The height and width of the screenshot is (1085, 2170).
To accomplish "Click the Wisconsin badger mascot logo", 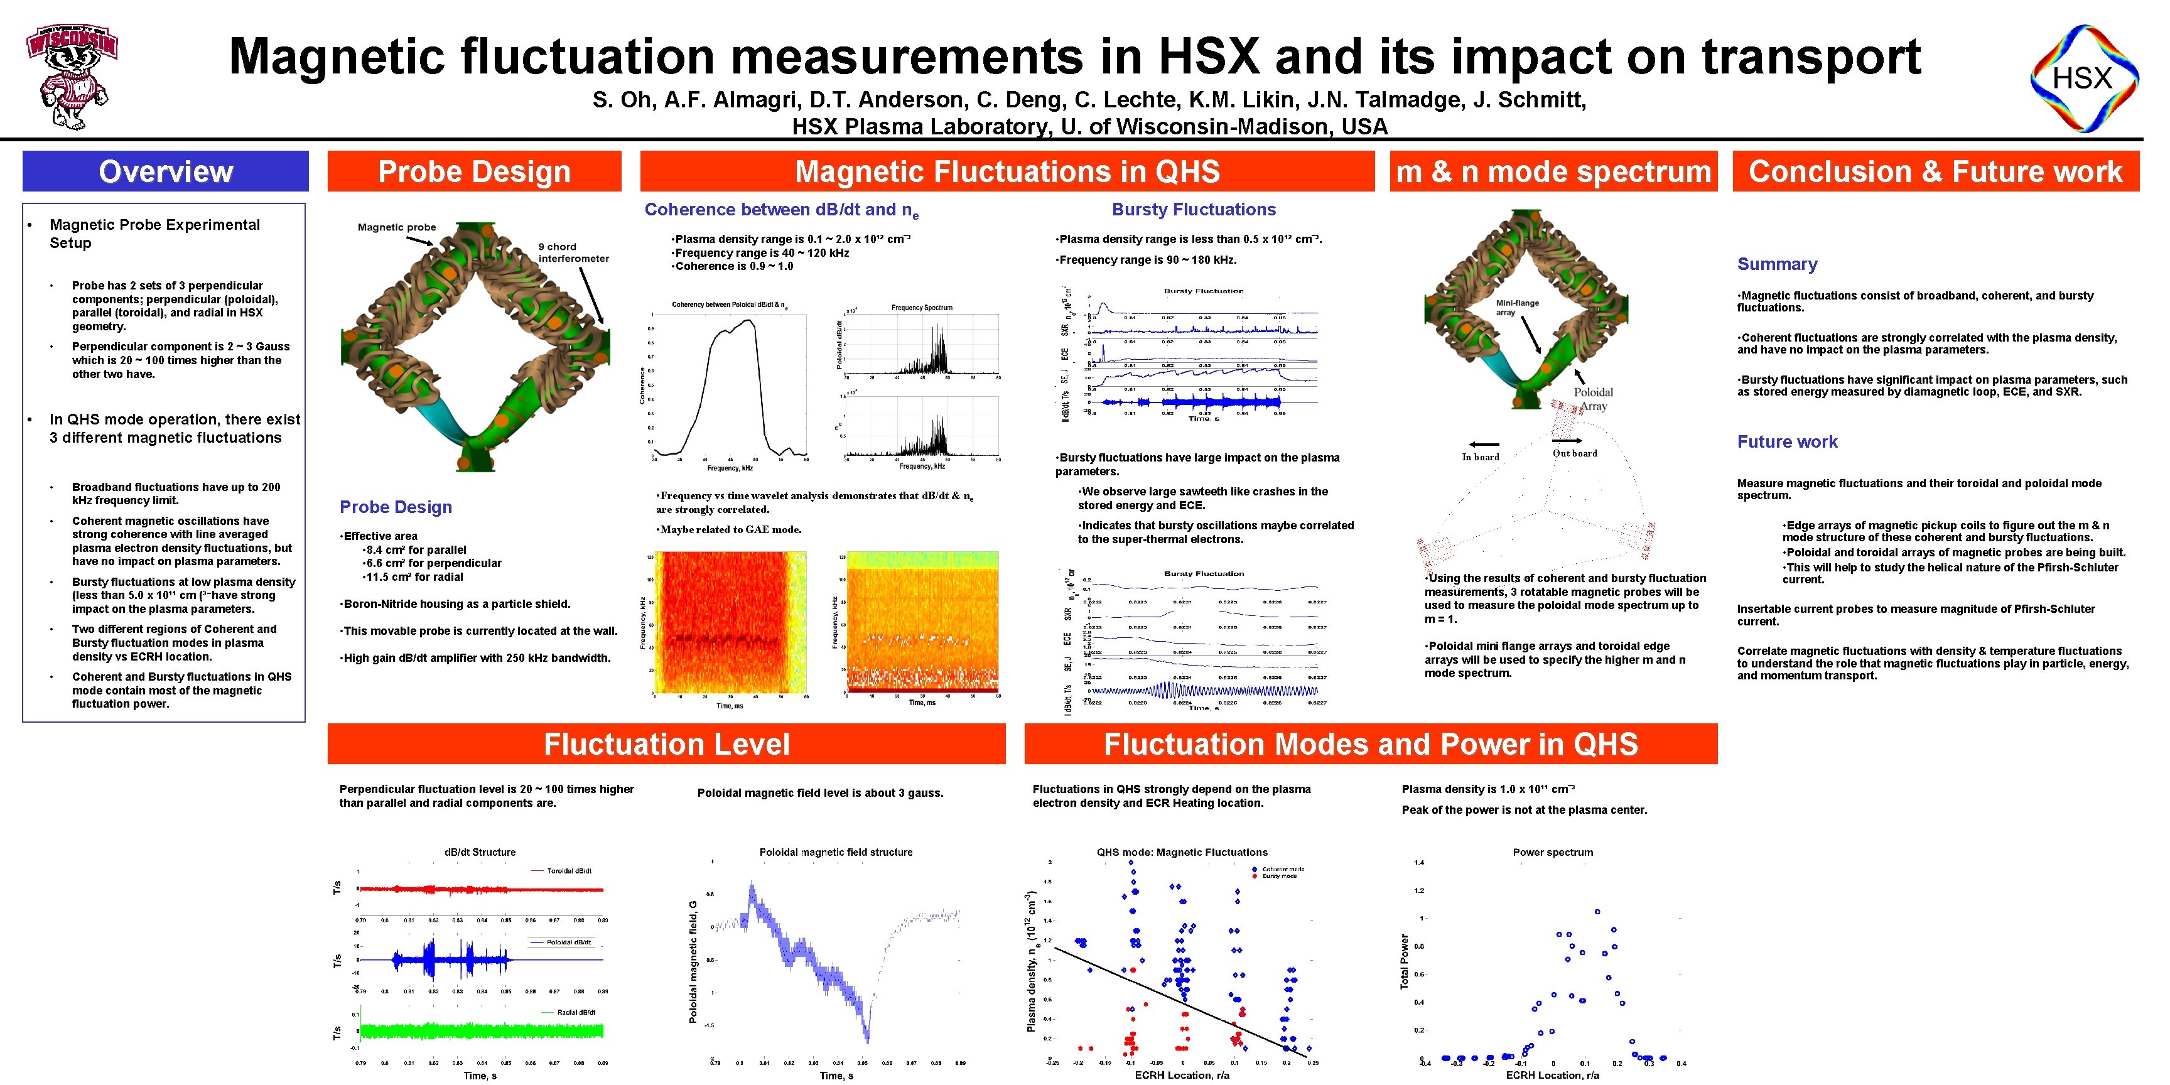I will [72, 76].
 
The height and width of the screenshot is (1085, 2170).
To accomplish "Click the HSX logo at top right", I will [2083, 78].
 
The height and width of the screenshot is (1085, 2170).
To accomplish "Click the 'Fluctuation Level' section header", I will [666, 744].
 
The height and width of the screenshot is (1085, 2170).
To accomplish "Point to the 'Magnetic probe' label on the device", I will [397, 227].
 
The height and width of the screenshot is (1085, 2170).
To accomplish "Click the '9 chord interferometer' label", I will [573, 252].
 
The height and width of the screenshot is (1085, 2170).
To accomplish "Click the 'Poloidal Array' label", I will [1593, 399].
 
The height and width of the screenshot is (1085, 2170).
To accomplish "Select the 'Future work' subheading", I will [1787, 442].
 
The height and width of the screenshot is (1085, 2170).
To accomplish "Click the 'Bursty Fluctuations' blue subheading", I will [1193, 210].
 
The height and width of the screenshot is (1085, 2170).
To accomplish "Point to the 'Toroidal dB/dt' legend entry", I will [569, 871].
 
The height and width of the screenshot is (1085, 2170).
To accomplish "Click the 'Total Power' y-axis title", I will [1404, 961].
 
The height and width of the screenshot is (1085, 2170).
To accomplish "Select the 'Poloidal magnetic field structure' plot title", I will [836, 853].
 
